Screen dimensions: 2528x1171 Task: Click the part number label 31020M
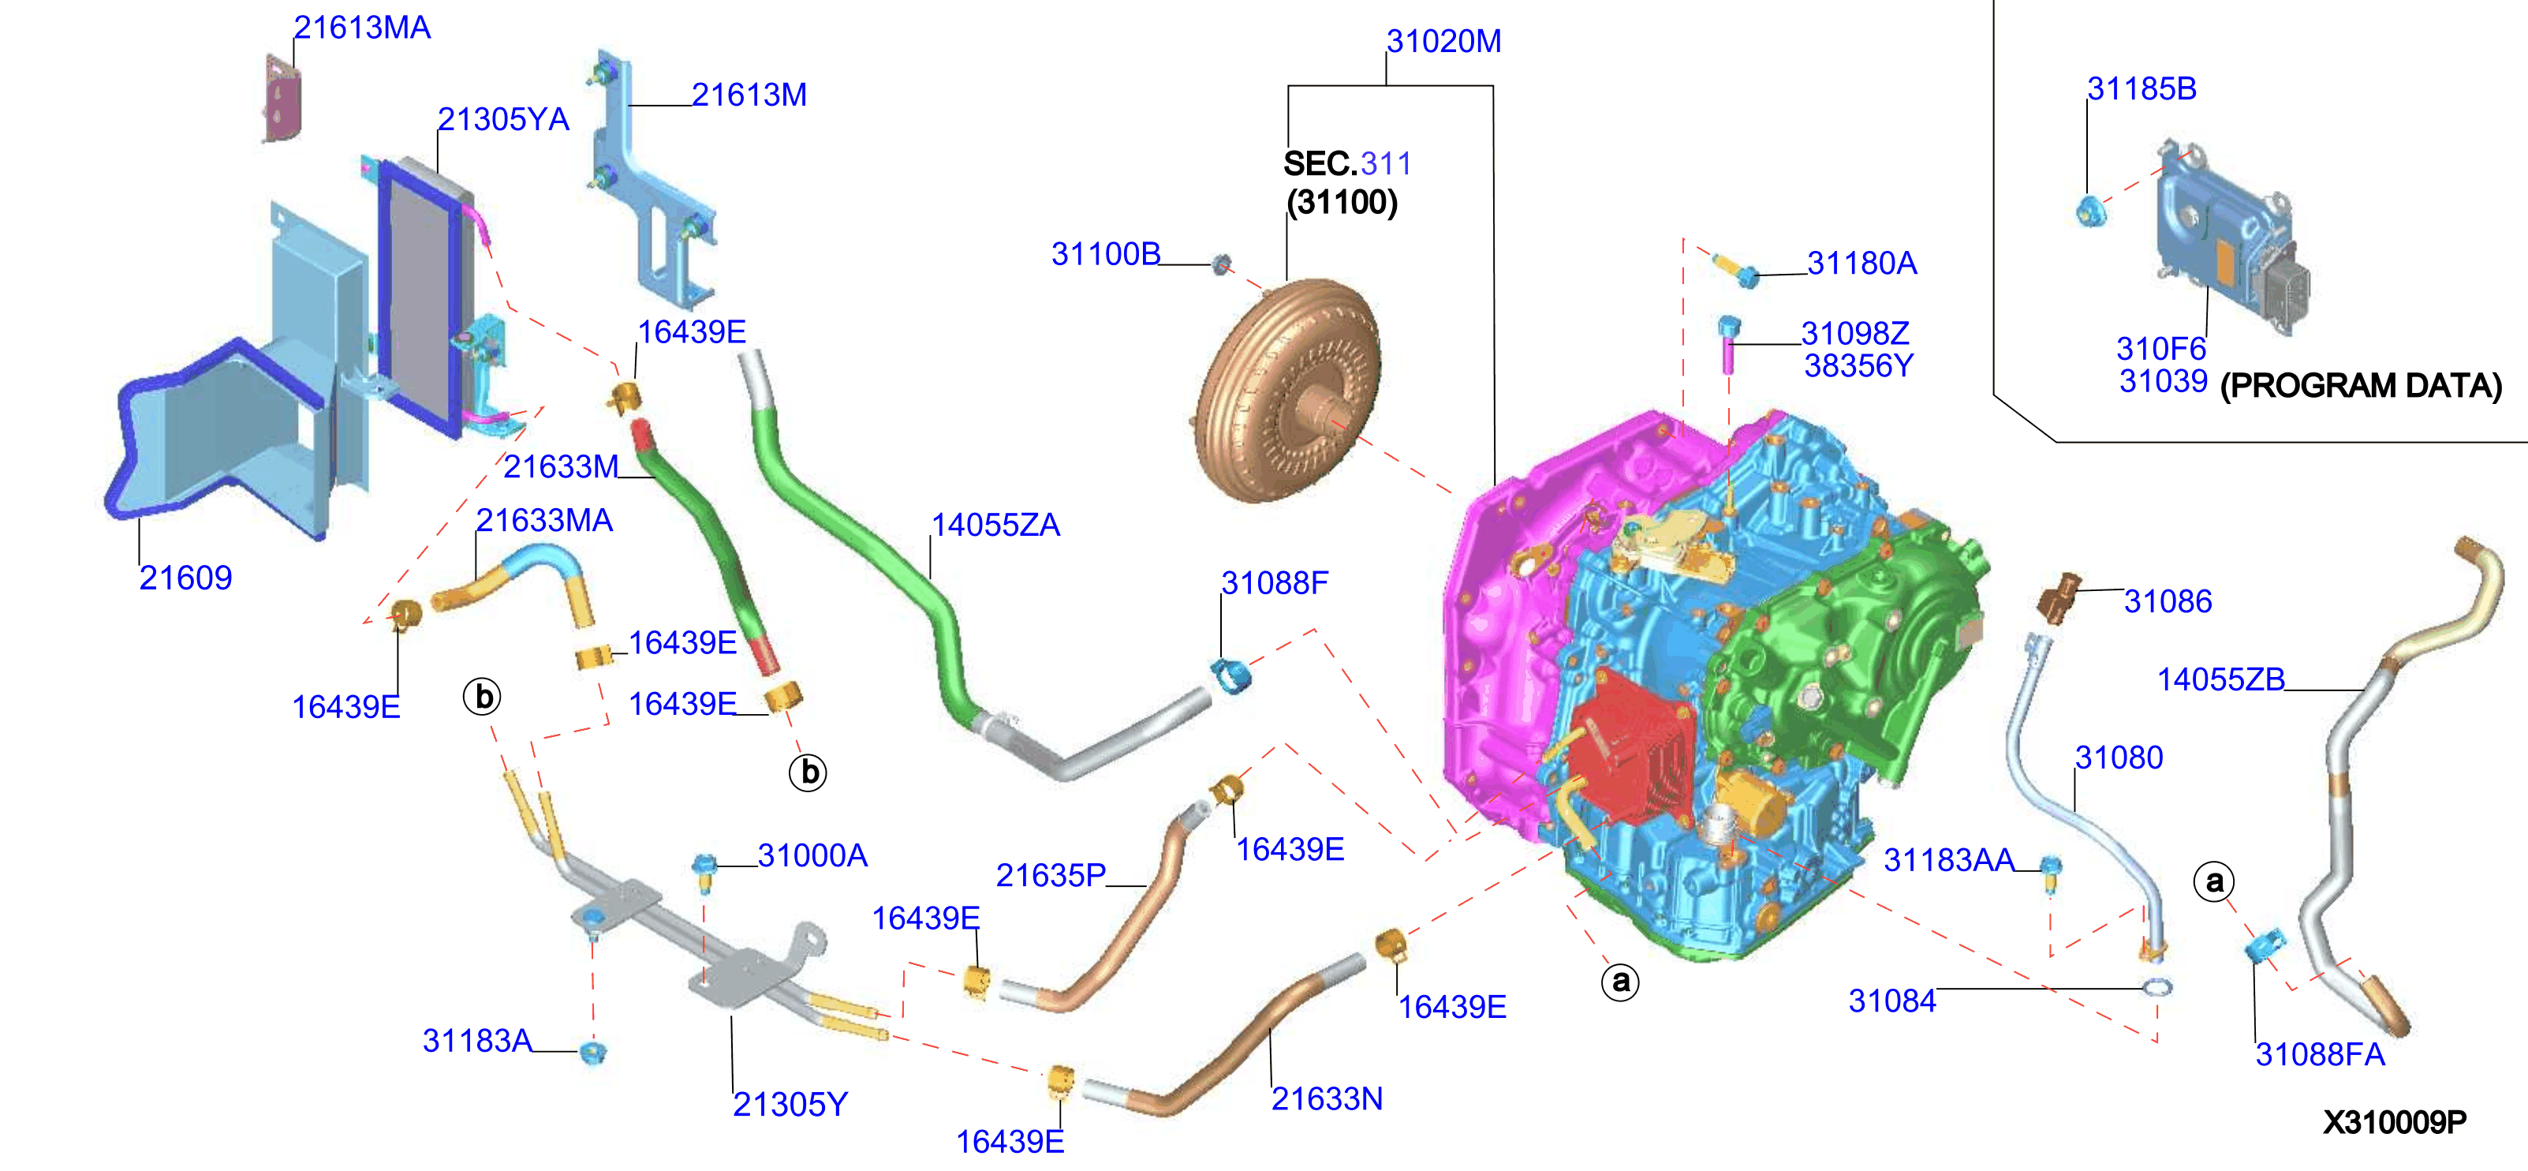click(1443, 41)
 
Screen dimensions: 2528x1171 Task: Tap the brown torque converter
click(1287, 391)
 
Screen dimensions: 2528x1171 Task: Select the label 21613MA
click(362, 28)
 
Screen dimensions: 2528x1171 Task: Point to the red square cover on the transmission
click(1630, 746)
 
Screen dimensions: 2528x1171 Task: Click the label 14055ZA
click(995, 525)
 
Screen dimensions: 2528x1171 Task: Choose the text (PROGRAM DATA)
click(2360, 386)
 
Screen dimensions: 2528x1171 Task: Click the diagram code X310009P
click(2395, 1122)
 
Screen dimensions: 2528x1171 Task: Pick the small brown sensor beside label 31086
click(2059, 597)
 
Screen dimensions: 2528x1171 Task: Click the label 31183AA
click(1948, 860)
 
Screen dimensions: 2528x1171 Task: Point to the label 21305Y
click(790, 1104)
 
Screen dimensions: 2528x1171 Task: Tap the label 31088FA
click(2320, 1054)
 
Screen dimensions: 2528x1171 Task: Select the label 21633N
click(1327, 1098)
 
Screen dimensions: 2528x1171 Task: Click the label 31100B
click(1106, 253)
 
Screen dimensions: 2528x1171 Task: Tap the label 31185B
click(2142, 88)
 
